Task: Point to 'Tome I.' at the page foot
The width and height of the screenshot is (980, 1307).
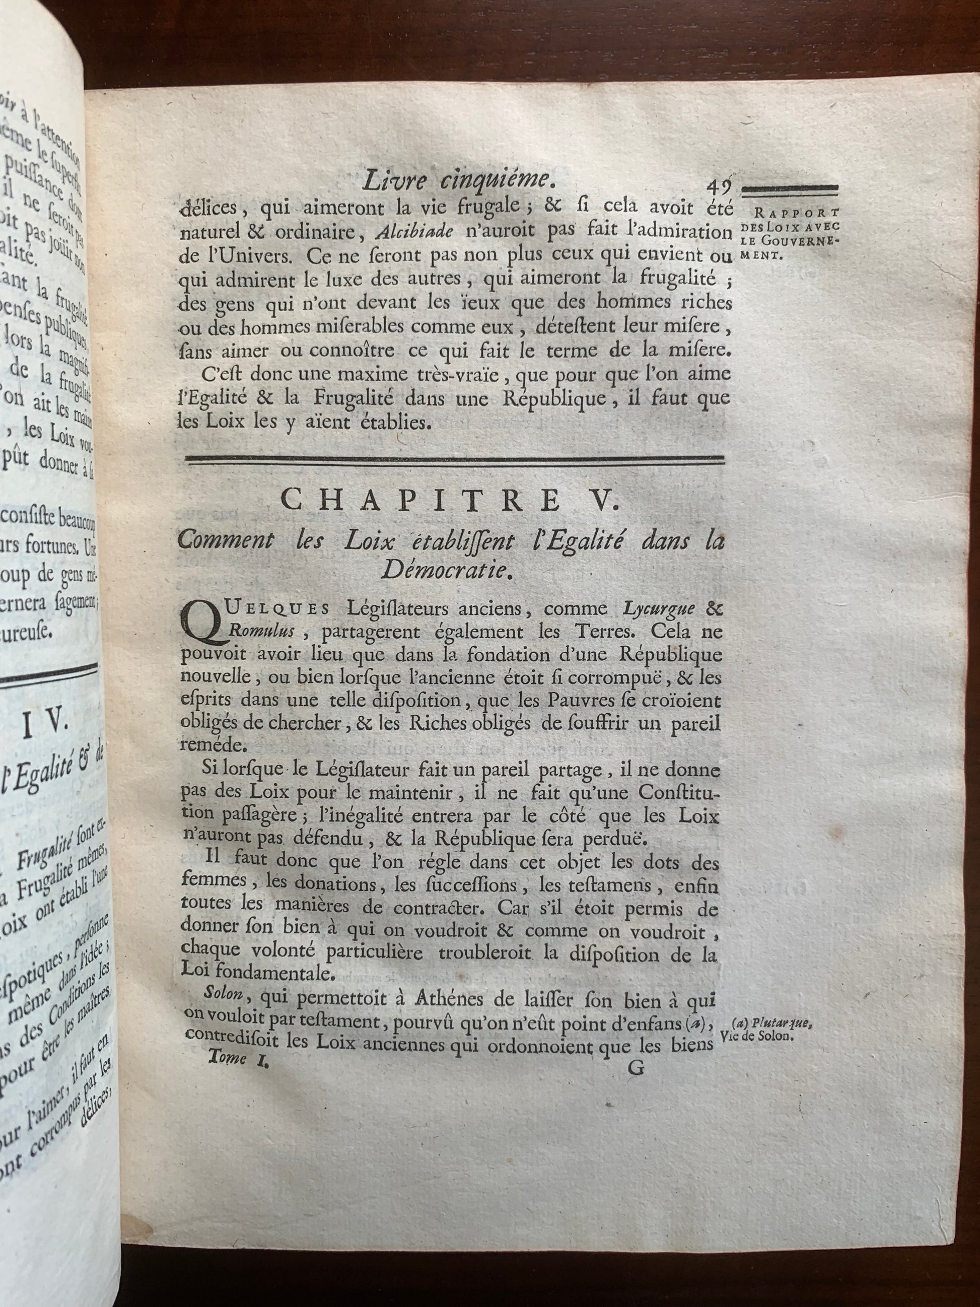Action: click(x=235, y=1059)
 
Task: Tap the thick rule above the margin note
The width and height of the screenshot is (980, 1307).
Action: click(x=789, y=188)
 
